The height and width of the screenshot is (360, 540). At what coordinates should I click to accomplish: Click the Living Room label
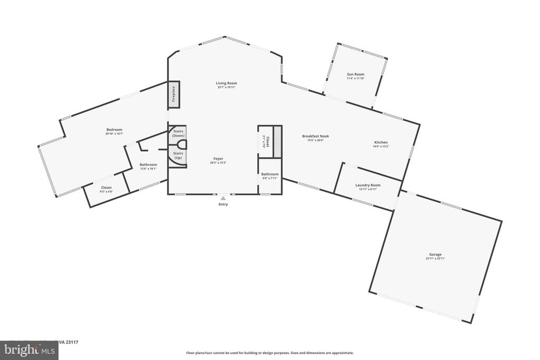pos(226,83)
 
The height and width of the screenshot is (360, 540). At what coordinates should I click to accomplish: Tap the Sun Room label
pos(355,74)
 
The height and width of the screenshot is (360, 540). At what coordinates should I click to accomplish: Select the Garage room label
pos(435,254)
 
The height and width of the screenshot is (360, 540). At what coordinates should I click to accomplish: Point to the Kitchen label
pos(381,142)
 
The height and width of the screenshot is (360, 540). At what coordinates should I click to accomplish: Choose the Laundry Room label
pos(368,185)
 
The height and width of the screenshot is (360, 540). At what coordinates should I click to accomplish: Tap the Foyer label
pos(218,158)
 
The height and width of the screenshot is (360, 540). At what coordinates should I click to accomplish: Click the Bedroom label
pos(114,130)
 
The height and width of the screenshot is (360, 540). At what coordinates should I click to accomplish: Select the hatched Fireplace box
pos(173,95)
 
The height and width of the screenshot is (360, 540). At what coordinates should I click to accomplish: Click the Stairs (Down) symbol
pos(178,133)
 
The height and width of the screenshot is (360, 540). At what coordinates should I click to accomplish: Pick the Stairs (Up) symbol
pos(178,156)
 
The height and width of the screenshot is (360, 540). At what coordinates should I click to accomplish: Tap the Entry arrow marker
pos(223,198)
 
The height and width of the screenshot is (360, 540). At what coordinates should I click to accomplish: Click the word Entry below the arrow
pos(223,205)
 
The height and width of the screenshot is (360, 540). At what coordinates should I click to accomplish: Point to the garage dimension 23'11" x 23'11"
pos(435,259)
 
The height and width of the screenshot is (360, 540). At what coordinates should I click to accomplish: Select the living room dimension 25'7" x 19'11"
pos(226,87)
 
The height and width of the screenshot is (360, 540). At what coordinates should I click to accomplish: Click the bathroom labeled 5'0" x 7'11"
pos(269,176)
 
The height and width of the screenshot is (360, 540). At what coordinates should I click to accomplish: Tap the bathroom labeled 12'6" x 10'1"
pos(148,167)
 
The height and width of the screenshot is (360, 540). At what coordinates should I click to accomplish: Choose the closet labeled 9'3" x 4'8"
pos(106,189)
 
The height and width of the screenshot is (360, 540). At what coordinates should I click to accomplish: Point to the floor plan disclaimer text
pos(269,353)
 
